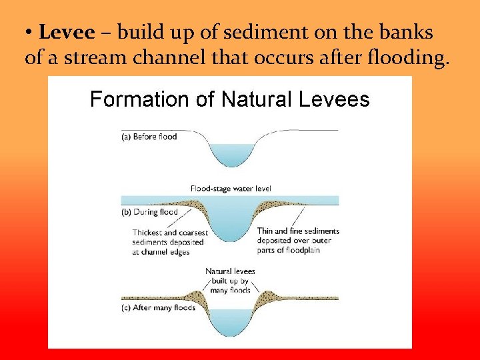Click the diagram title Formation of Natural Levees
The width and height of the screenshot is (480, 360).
(x=229, y=100)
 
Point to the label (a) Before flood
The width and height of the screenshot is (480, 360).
(x=149, y=137)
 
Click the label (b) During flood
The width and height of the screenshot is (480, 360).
(x=149, y=212)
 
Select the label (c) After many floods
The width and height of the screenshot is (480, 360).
(x=158, y=308)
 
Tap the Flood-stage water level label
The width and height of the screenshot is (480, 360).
(x=231, y=189)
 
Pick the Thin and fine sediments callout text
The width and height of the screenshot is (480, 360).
(x=298, y=240)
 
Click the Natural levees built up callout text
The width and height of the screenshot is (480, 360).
(x=230, y=281)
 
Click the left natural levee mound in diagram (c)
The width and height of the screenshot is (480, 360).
(x=197, y=295)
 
